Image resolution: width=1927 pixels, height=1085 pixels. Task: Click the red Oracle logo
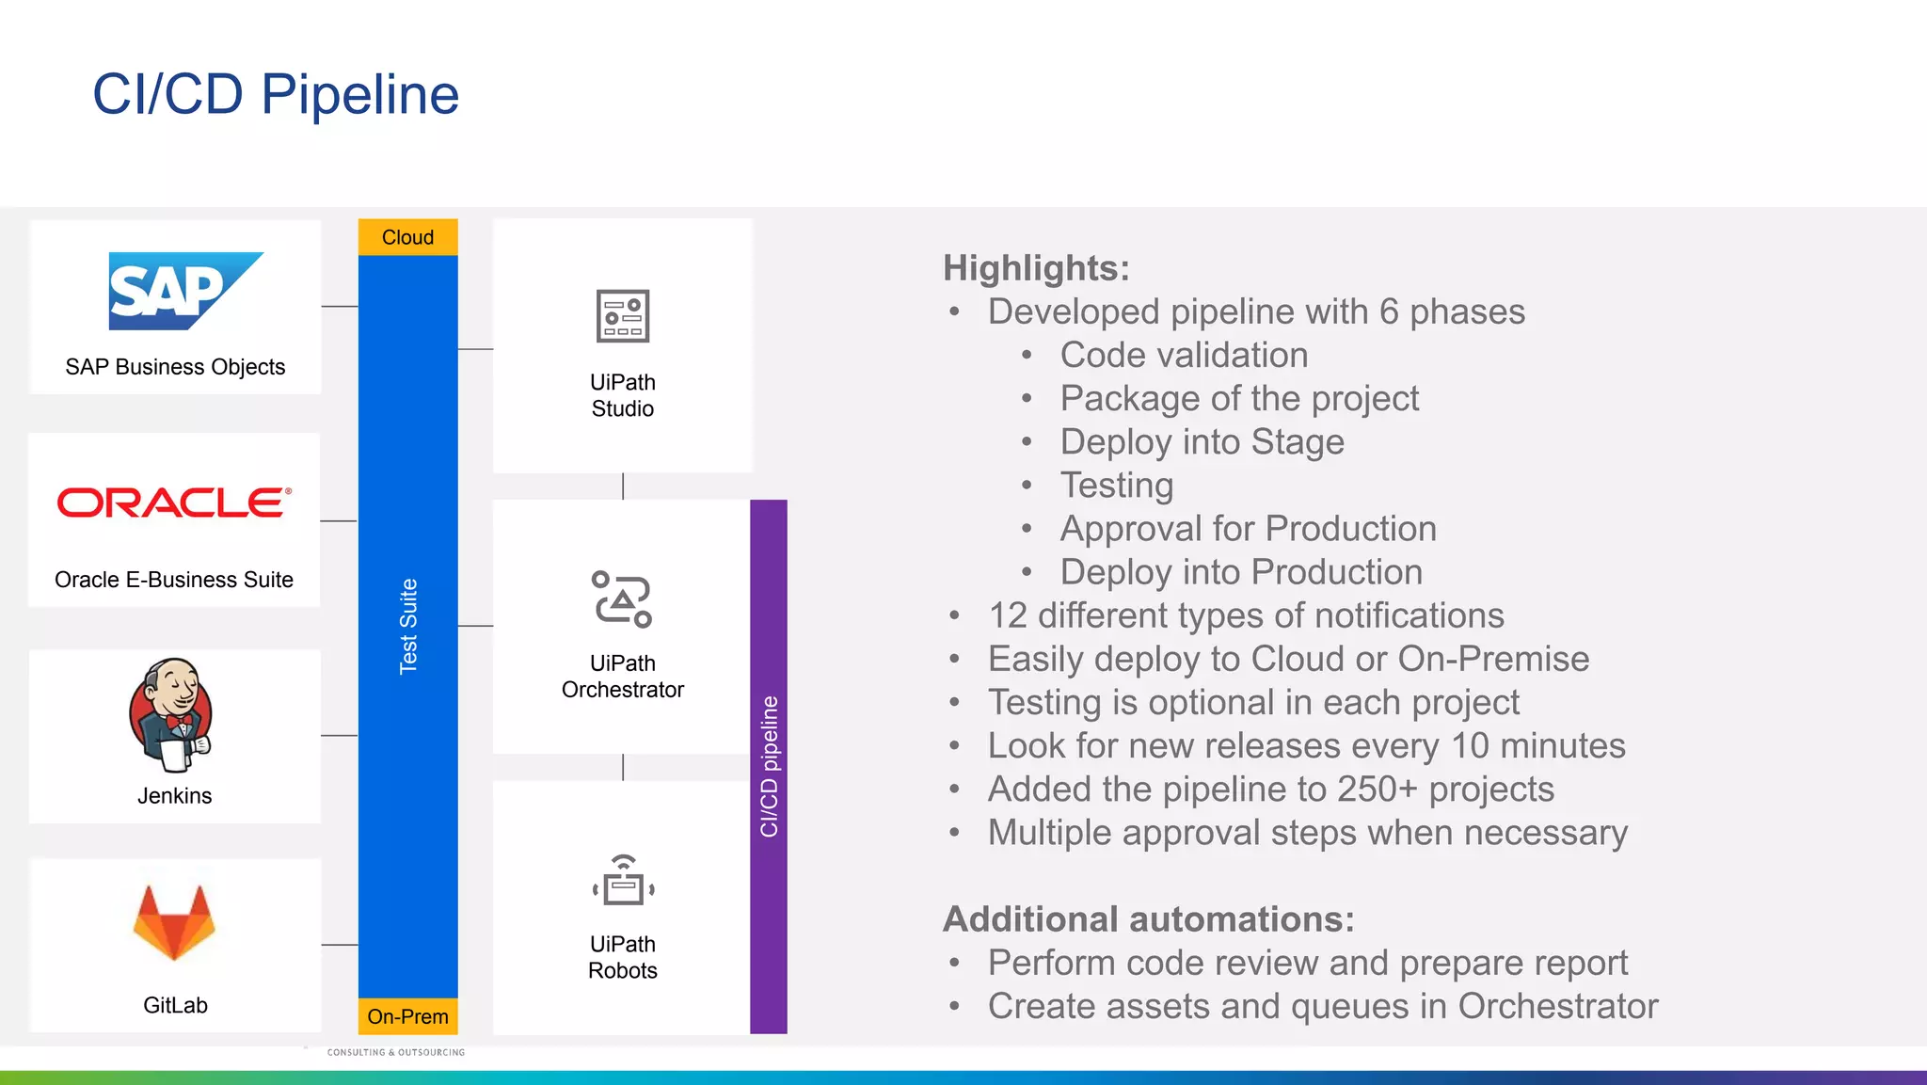(x=174, y=503)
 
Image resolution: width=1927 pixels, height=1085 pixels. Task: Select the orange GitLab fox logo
(x=174, y=921)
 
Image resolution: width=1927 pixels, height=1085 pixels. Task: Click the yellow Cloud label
(x=407, y=237)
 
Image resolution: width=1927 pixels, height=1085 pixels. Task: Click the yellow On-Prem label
(x=407, y=1016)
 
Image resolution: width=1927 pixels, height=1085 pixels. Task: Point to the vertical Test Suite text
(x=407, y=626)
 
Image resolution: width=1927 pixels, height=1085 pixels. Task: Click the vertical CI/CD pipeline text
(x=769, y=766)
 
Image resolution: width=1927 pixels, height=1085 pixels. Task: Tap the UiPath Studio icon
(x=623, y=316)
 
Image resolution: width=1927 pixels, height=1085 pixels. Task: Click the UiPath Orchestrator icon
(x=622, y=598)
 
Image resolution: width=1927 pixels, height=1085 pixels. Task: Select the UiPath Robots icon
(x=623, y=881)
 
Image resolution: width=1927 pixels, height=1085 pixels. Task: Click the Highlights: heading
(x=1036, y=268)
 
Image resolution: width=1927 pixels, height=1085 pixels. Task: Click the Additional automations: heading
(x=1148, y=919)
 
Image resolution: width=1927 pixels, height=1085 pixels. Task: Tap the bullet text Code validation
(x=1184, y=356)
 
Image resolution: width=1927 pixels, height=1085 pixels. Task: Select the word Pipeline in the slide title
(x=359, y=94)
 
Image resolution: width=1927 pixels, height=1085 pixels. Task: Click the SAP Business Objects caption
(x=175, y=367)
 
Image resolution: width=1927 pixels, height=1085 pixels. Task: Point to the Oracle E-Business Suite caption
(x=174, y=580)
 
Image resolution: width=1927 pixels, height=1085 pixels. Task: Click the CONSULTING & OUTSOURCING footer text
(x=396, y=1052)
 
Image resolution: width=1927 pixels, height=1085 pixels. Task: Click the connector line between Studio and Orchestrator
(x=623, y=487)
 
